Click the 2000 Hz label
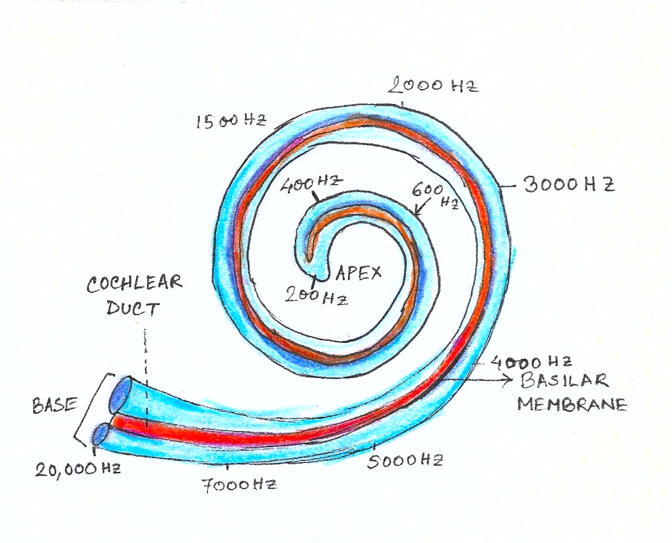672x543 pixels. point(433,86)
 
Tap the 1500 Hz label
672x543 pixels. point(231,121)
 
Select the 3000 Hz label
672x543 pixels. point(569,185)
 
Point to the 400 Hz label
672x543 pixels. point(311,184)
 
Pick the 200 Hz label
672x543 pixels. point(316,295)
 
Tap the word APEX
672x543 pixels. point(358,273)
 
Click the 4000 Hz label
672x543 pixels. point(531,362)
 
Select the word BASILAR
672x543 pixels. point(564,380)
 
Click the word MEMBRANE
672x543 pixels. point(572,404)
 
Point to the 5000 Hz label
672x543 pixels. point(405,461)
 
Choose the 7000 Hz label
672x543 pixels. point(239,485)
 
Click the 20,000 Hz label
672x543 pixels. point(78,469)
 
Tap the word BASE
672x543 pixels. point(55,405)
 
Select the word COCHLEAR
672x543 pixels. point(135,284)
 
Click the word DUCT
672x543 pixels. point(133,308)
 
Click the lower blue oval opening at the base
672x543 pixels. point(102,434)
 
